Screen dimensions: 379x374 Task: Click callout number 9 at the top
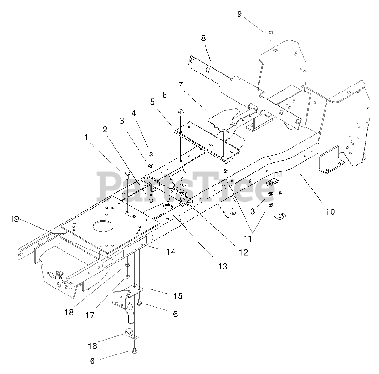coord(239,14)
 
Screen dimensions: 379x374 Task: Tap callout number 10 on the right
coord(330,211)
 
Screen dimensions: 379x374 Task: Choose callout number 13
coord(222,266)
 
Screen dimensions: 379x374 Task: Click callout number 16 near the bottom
coord(92,346)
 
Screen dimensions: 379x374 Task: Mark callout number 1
coord(86,138)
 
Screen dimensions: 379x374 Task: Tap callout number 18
coord(69,312)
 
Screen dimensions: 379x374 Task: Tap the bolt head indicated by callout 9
coord(270,32)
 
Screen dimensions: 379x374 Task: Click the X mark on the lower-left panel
coord(60,276)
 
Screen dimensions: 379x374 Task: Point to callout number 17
coord(90,315)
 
